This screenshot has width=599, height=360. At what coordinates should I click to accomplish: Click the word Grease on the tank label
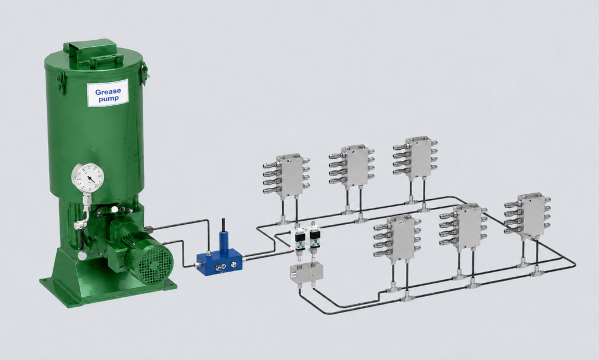coord(108,91)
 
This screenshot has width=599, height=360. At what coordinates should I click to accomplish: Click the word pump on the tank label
coord(108,98)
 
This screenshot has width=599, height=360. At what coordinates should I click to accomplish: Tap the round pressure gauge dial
coord(88,179)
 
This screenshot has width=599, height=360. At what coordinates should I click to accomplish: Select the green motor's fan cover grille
coord(155,263)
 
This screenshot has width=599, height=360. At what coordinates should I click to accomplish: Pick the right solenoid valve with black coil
coord(314,237)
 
